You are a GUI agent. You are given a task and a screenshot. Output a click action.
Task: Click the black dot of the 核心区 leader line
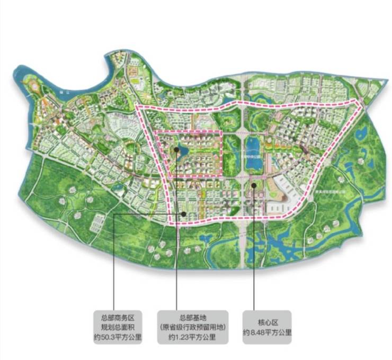[254, 185]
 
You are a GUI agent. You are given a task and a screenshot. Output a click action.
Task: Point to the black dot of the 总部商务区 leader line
[183, 213]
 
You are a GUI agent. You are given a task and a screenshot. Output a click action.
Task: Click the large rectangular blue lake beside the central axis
[254, 153]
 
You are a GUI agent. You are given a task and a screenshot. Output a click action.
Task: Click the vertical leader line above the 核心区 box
[254, 254]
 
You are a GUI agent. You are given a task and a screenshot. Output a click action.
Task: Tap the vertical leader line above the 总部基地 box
[176, 238]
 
